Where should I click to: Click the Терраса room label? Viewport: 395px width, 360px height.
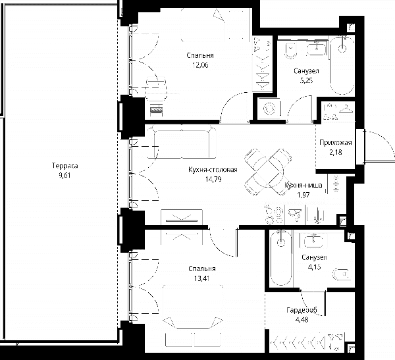[65, 166]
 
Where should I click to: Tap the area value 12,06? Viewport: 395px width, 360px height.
[200, 66]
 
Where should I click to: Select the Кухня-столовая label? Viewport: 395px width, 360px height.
[213, 170]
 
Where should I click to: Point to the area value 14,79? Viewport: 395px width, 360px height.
[213, 180]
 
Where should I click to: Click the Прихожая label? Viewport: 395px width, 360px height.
[336, 143]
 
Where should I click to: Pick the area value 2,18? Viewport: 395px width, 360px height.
[336, 152]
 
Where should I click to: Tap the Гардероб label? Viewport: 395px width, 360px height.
[302, 310]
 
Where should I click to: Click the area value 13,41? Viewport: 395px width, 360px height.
[202, 278]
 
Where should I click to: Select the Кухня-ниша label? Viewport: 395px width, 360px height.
[303, 186]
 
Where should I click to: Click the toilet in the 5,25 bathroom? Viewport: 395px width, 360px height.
[291, 51]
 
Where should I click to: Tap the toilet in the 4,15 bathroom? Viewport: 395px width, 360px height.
[342, 274]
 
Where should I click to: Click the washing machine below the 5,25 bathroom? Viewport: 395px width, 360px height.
[269, 109]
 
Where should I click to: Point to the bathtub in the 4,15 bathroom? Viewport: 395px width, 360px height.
[281, 259]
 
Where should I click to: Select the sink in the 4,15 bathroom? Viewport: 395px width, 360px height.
[313, 241]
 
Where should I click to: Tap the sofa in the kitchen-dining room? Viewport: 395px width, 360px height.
[182, 143]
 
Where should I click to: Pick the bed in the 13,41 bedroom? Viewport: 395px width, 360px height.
[193, 307]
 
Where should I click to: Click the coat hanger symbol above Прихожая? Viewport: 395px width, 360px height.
[346, 109]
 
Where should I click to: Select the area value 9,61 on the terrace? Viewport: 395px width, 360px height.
[65, 175]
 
